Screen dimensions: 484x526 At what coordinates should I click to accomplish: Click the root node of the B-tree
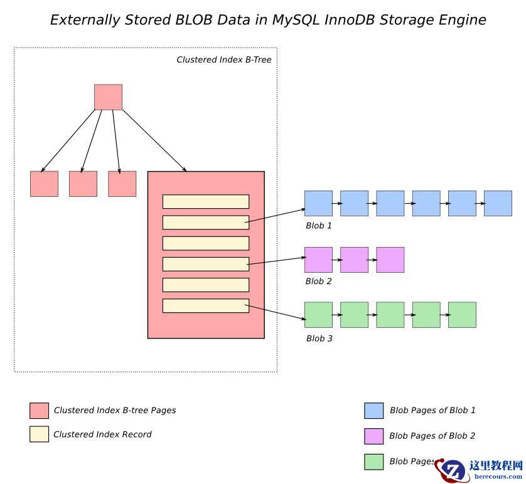[x=108, y=97]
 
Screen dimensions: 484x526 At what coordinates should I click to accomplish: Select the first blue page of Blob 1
[x=318, y=203]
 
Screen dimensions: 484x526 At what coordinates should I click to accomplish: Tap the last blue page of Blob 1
[x=498, y=203]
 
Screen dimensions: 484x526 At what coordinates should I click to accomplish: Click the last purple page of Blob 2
[x=390, y=260]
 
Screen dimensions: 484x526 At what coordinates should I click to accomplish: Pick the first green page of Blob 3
[x=318, y=315]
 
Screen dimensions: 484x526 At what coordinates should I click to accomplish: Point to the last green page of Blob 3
[x=462, y=315]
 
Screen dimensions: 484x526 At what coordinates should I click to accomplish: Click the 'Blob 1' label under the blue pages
[x=319, y=226]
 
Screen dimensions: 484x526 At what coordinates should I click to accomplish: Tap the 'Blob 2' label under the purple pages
[x=319, y=281]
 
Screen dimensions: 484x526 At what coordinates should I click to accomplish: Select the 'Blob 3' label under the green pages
[x=319, y=339]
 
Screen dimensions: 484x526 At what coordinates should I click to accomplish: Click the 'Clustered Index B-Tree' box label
[x=223, y=60]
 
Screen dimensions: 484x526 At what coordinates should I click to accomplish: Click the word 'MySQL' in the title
[x=294, y=20]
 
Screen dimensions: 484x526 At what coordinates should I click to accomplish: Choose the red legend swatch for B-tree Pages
[x=39, y=411]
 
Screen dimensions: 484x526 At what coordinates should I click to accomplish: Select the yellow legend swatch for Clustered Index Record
[x=39, y=434]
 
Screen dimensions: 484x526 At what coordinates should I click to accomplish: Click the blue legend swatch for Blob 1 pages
[x=373, y=411]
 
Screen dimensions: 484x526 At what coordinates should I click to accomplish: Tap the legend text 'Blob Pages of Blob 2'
[x=432, y=436]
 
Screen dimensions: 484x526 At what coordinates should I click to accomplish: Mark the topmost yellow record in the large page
[x=206, y=201]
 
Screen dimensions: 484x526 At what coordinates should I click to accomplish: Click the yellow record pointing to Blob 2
[x=206, y=264]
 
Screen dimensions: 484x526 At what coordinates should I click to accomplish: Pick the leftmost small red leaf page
[x=44, y=184]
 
